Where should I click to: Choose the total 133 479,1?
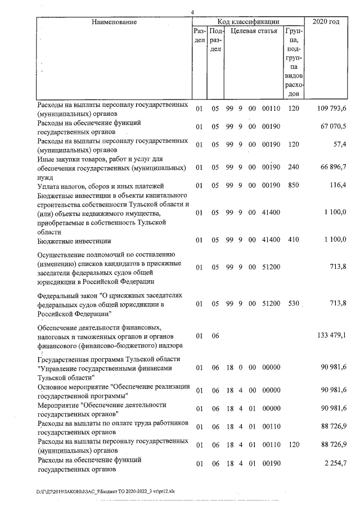pyautogui.click(x=330, y=336)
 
